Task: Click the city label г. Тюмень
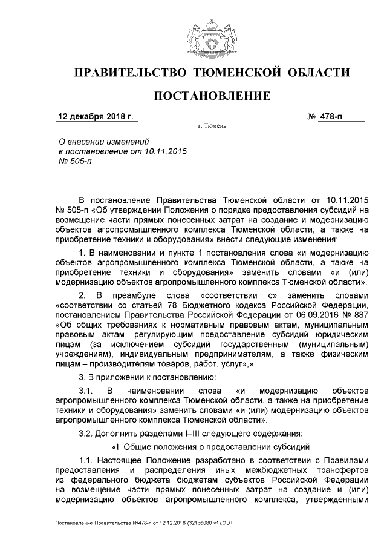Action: (x=212, y=127)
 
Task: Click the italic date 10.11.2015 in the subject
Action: (x=163, y=151)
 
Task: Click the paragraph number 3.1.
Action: (x=88, y=391)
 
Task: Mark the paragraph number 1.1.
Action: (x=88, y=461)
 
